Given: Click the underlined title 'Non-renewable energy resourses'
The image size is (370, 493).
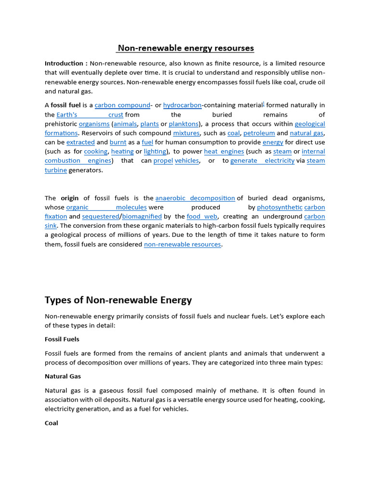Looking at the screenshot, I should (185, 48).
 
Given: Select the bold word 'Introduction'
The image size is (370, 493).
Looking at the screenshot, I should (64, 64).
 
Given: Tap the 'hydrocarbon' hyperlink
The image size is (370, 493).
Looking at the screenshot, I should (183, 105).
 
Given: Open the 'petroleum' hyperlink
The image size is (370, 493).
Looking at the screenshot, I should (259, 133).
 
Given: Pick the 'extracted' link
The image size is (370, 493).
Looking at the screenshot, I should (80, 142).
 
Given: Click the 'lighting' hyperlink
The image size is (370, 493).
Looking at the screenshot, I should (155, 151).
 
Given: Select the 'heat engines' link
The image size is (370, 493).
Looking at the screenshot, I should (224, 151).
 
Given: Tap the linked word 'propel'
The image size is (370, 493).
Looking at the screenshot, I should (163, 160).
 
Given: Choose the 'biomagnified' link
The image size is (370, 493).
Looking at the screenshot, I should (142, 216).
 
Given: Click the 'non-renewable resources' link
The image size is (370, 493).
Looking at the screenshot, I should (183, 244).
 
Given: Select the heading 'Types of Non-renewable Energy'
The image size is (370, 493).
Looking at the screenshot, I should (119, 300).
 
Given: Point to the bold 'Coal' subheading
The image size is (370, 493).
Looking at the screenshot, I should (52, 423).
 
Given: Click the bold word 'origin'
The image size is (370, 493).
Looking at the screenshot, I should (70, 198).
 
